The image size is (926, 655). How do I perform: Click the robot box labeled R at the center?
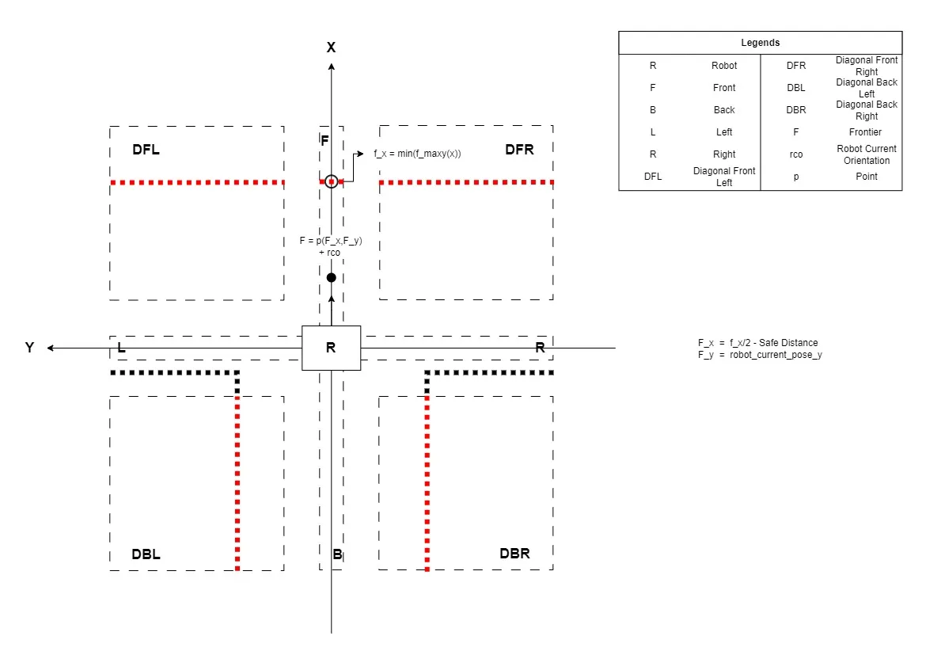coord(332,348)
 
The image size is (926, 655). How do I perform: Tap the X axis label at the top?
coord(332,48)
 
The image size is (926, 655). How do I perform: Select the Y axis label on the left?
coord(29,347)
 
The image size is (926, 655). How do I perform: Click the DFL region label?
coord(146,150)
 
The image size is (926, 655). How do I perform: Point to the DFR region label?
coord(520,150)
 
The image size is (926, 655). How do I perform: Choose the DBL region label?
coord(146,554)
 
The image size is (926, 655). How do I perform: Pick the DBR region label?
coord(515,554)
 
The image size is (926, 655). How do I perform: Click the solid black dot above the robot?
coord(332,277)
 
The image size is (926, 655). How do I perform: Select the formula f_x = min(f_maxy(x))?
coord(418,154)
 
